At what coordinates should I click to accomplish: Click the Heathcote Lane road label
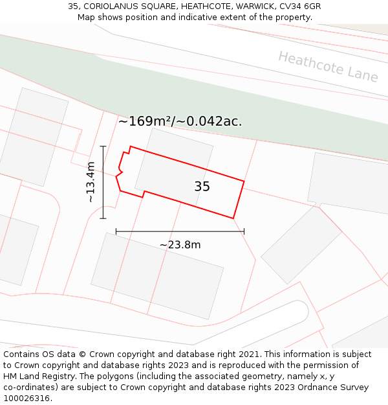pyautogui.click(x=328, y=67)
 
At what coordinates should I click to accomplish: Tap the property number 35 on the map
pyautogui.click(x=202, y=187)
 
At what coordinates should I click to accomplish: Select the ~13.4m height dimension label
pyautogui.click(x=91, y=182)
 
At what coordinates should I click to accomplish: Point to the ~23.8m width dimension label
pyautogui.click(x=180, y=244)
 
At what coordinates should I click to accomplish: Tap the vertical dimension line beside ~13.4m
pyautogui.click(x=103, y=182)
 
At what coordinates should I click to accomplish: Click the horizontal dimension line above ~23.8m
pyautogui.click(x=180, y=231)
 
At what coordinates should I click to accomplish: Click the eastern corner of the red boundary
pyautogui.click(x=244, y=181)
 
